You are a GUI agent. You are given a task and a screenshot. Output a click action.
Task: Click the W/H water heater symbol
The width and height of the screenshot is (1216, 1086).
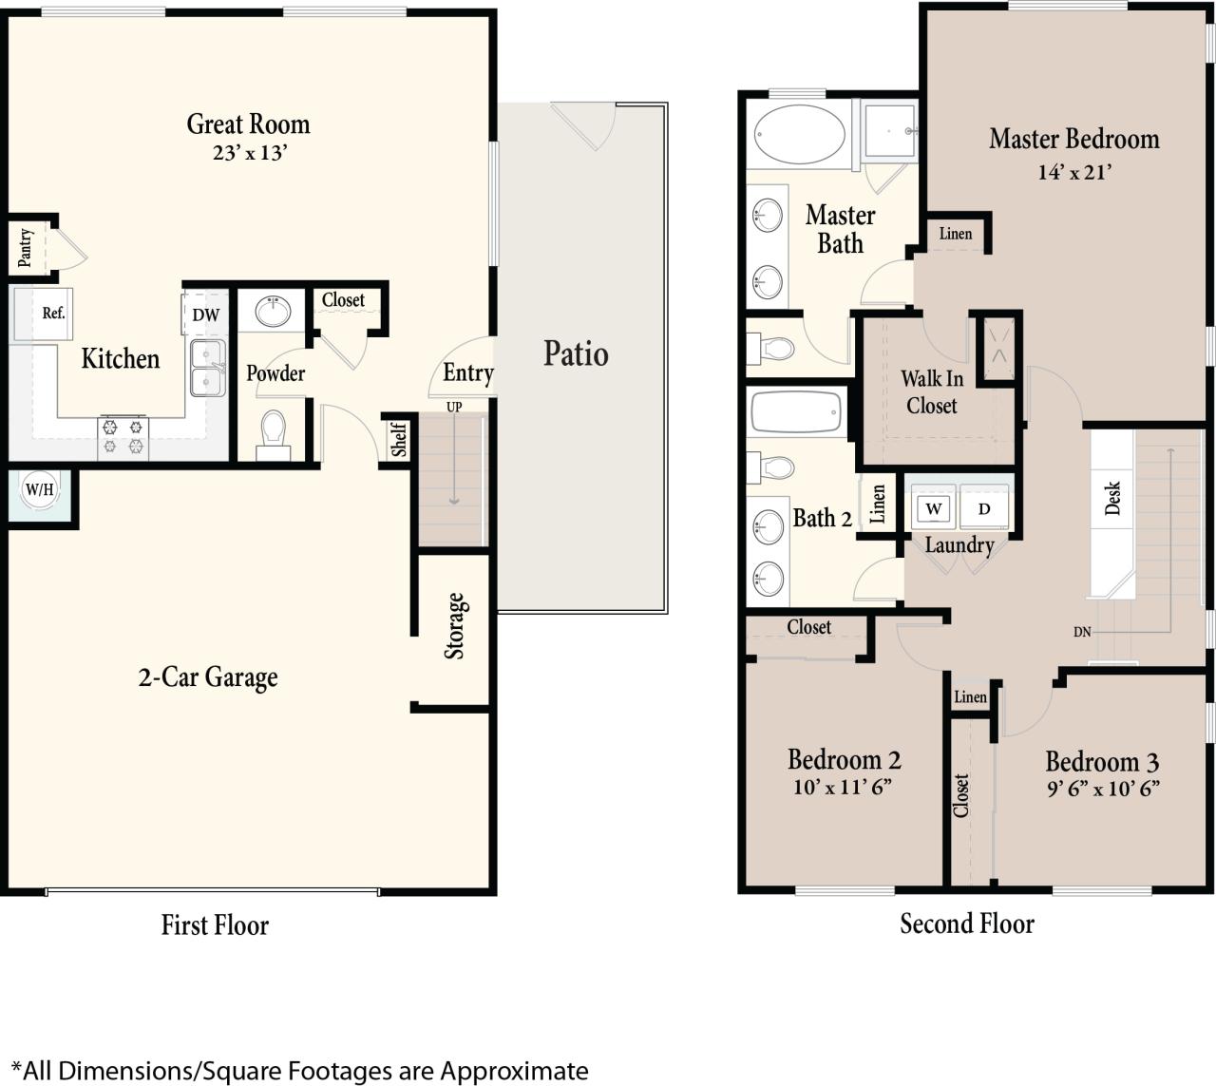[40, 491]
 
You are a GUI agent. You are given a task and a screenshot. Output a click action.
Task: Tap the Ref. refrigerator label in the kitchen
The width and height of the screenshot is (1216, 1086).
[53, 314]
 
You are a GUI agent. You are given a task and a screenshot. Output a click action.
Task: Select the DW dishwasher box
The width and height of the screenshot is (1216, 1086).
[206, 314]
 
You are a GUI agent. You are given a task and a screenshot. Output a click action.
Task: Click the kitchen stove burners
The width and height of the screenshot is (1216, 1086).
[123, 437]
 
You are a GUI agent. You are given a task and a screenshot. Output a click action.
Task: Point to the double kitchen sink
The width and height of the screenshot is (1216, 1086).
[208, 369]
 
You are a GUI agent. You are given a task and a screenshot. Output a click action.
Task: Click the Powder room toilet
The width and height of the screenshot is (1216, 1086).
[273, 431]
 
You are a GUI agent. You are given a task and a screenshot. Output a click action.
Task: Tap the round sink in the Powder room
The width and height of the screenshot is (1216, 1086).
[274, 310]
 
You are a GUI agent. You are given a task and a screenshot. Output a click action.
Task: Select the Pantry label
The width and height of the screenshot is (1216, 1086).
[26, 246]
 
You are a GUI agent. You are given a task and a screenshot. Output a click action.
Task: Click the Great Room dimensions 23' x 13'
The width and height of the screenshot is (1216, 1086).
[249, 153]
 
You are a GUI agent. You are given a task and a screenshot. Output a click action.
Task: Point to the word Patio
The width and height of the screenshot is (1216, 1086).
[576, 353]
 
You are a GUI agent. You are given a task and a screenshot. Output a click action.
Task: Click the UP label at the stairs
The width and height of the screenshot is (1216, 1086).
[454, 407]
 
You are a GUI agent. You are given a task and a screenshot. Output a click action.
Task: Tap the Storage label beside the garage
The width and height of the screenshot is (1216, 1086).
[455, 626]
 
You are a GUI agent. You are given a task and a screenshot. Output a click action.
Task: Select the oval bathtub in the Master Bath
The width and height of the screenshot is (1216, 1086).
[799, 134]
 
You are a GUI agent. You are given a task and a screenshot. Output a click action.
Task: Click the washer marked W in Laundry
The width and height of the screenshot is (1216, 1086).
[934, 508]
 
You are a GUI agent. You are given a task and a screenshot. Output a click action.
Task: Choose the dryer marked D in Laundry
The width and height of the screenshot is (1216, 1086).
[984, 508]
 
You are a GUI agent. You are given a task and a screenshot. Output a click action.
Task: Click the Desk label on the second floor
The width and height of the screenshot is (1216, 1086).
[1112, 498]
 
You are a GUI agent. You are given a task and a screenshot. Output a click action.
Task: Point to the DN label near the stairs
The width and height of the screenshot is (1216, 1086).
[1082, 632]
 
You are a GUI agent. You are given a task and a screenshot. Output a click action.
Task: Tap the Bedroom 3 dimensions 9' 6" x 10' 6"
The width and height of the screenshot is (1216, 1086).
[1102, 789]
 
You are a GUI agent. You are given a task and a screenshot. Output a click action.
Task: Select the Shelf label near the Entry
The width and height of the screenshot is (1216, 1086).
[399, 439]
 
